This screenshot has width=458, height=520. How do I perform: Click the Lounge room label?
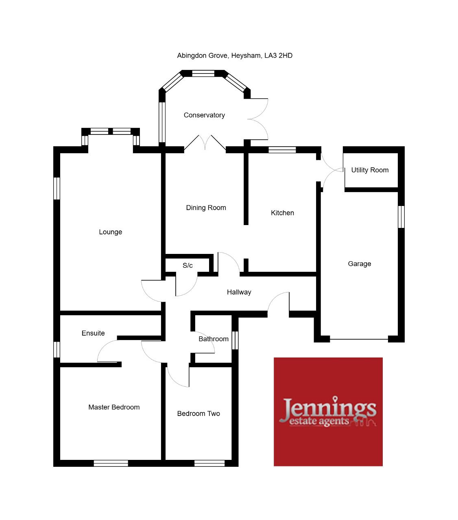(111, 232)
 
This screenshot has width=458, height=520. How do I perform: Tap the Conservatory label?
(204, 115)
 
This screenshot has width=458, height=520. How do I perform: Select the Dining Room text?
(206, 208)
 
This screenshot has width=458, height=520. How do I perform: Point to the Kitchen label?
(282, 213)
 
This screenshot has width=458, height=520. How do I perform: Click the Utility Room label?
(370, 170)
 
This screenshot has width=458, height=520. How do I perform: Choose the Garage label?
(360, 264)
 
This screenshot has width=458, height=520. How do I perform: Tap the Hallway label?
(239, 292)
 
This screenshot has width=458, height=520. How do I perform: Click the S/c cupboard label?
(188, 265)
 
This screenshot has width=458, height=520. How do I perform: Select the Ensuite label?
(93, 333)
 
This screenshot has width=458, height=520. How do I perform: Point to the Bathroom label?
(214, 339)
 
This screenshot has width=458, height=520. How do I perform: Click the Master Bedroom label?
(114, 407)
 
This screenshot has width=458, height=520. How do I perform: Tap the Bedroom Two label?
(198, 414)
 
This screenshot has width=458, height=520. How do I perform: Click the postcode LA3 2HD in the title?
(278, 55)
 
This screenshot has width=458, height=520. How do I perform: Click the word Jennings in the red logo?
(328, 408)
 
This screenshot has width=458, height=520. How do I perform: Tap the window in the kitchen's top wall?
(282, 149)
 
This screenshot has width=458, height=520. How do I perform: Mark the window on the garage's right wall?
(401, 217)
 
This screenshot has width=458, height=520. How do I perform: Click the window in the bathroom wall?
(235, 340)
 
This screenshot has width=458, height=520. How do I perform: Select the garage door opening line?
(359, 339)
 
